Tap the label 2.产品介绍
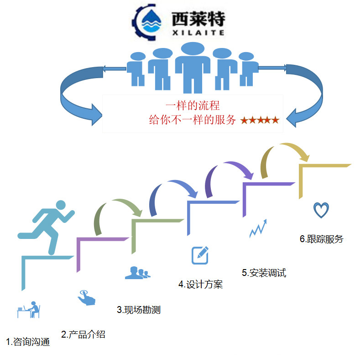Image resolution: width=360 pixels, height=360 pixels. click(83, 334)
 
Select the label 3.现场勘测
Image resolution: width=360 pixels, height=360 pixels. click(139, 310)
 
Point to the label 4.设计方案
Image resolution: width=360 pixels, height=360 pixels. click(200, 284)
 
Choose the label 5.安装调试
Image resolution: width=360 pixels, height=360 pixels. click(264, 273)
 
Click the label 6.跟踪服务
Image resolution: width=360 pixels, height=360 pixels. click(321, 239)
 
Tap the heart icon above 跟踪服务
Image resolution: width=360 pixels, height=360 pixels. click(321, 210)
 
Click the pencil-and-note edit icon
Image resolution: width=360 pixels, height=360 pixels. click(200, 255)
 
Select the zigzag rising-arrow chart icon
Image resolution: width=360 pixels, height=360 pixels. click(258, 228)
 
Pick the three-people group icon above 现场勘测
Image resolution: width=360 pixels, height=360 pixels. click(137, 273)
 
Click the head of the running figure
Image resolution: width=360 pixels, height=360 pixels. click(61, 206)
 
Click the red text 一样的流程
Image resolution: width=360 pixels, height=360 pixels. click(193, 106)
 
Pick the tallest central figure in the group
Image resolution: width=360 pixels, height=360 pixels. click(193, 66)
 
